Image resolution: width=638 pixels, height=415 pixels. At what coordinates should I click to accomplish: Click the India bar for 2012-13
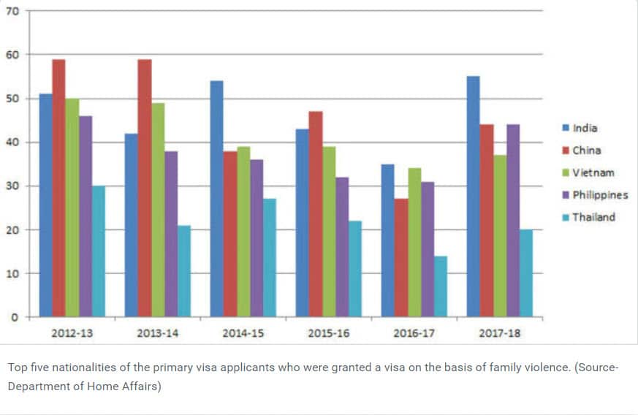(x=45, y=205)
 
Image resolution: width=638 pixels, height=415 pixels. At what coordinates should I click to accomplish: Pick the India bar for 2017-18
(x=473, y=197)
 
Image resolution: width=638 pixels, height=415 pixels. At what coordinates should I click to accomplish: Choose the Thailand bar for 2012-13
(x=99, y=251)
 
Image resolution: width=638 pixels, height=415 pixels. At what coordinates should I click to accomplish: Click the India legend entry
(x=585, y=128)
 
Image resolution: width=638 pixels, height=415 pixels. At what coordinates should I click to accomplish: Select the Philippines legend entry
(x=600, y=195)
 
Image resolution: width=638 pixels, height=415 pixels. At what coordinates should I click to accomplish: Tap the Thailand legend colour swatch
(x=565, y=217)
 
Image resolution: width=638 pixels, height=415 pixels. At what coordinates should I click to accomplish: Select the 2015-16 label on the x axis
(x=328, y=333)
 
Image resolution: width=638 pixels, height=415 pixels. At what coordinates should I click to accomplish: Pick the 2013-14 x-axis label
(x=157, y=333)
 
